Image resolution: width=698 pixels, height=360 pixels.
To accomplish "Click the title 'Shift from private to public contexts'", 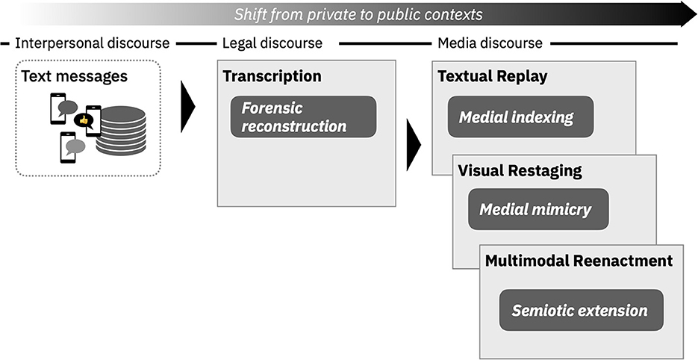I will coord(358,14).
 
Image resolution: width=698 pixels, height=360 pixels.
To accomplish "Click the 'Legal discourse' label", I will coord(272,43).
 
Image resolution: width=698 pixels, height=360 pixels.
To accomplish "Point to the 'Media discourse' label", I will coord(489,43).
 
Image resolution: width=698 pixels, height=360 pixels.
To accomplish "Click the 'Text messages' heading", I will coord(75,76).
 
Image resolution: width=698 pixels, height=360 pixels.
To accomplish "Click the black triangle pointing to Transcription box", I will coord(187,108).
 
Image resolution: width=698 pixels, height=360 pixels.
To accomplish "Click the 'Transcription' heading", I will coord(272,76).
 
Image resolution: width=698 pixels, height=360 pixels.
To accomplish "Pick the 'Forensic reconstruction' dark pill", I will coord(303,117).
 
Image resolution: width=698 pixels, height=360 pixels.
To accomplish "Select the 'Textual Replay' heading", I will coord(492,76).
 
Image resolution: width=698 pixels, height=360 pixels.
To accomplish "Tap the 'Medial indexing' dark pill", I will coord(520,117).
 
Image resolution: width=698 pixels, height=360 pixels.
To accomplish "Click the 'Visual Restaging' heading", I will coord(520,171).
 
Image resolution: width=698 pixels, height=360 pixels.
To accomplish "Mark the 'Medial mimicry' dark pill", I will coord(538,209).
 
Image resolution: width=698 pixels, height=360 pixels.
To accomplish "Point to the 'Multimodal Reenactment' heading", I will coord(579,261).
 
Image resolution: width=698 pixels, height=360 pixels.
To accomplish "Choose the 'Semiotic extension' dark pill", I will coord(581,310).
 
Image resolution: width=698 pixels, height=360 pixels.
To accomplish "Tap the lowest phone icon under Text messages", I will coord(68,146).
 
